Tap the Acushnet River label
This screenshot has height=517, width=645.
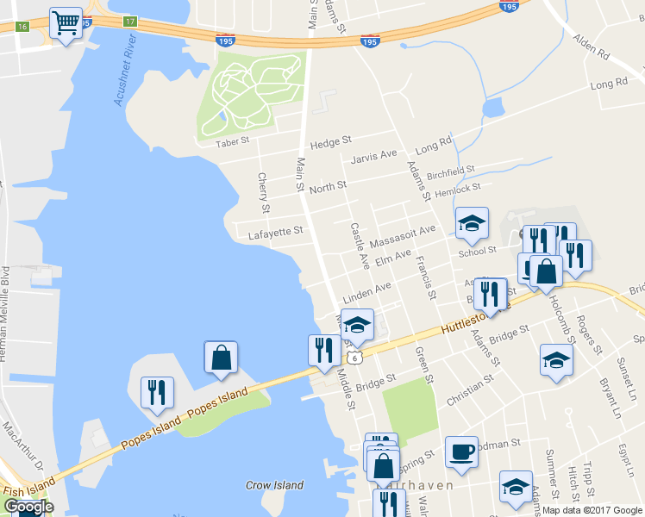point(125,76)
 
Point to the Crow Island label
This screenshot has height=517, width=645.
point(274,485)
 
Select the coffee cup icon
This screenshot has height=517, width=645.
point(461,452)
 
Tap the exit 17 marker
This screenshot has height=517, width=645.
point(129,21)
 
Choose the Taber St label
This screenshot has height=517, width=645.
point(232,141)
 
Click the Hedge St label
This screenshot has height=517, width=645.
point(331,141)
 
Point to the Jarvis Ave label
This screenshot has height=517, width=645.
point(373,156)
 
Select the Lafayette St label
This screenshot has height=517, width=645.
point(275,231)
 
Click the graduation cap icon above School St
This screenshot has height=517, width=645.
point(472,224)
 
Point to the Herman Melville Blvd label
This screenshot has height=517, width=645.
point(5,310)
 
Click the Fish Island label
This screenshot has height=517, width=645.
point(26,489)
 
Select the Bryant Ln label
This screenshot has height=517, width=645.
point(610,398)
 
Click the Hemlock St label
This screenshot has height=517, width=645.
point(456,190)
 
